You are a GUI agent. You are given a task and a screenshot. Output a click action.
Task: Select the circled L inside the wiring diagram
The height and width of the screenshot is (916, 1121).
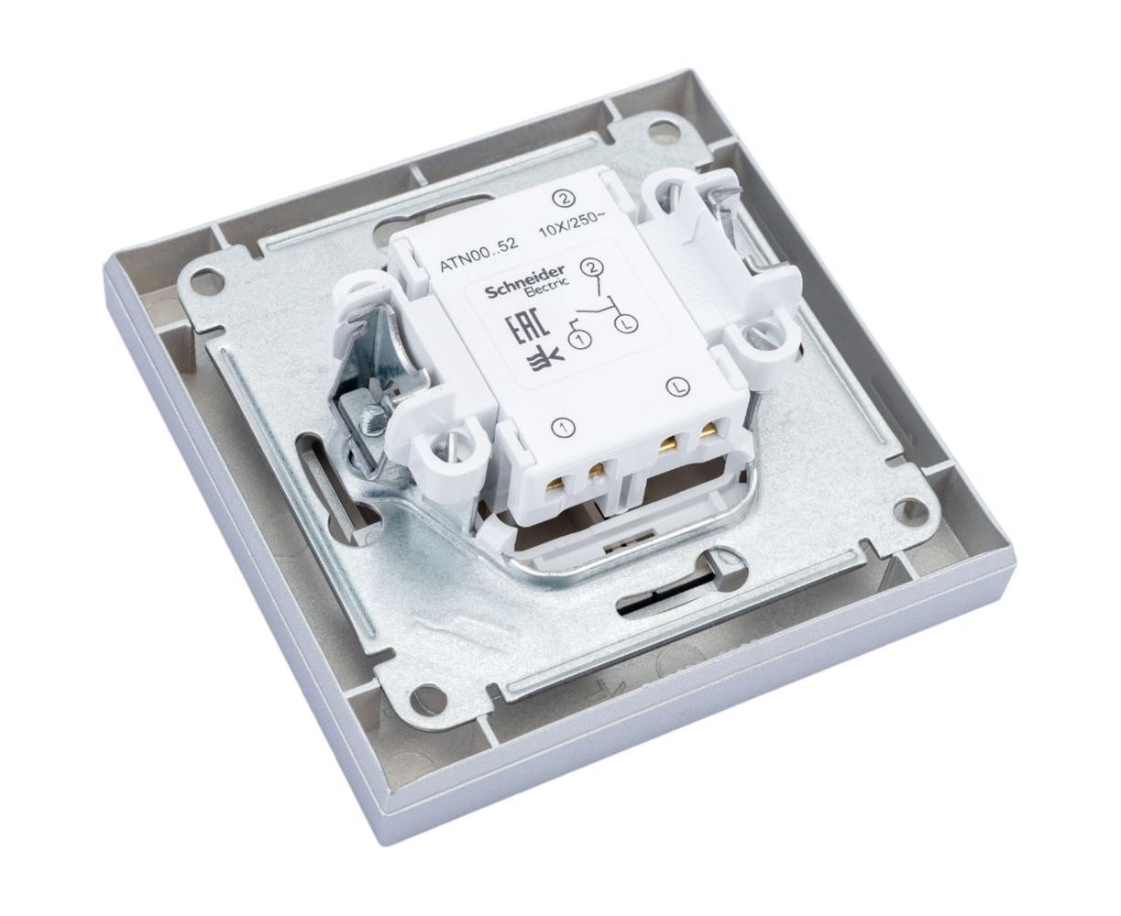point(627,323)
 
